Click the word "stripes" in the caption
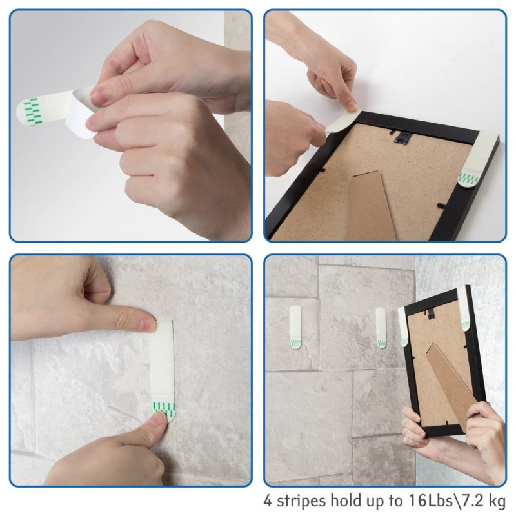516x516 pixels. click(x=299, y=501)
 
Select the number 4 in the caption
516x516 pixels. click(x=268, y=501)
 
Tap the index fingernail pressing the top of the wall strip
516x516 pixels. click(x=148, y=324)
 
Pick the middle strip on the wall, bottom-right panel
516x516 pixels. click(x=381, y=328)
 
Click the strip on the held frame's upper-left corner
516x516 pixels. click(x=402, y=326)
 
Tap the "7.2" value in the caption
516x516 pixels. click(x=472, y=501)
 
